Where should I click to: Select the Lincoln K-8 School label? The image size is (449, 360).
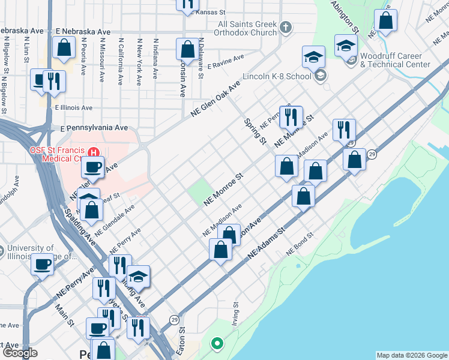277,76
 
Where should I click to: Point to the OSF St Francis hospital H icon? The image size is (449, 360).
93,151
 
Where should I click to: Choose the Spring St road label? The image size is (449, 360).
255,131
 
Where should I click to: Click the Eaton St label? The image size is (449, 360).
181,340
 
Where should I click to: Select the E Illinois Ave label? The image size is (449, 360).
73,108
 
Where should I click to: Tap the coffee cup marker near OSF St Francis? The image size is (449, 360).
92,167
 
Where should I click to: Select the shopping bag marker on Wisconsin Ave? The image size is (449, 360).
187,50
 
